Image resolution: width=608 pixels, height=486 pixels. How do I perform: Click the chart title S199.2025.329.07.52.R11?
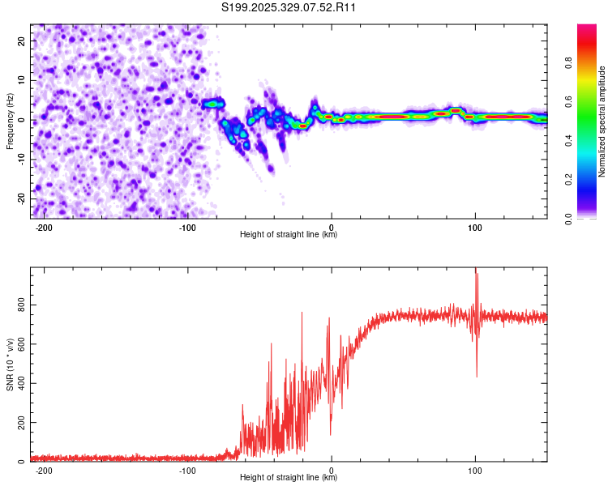[x=289, y=8]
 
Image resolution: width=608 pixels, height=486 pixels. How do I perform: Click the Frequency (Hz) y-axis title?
[x=10, y=121]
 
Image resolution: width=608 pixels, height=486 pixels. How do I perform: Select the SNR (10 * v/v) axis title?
[x=10, y=364]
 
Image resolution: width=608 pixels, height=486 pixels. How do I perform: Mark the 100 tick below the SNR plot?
[x=475, y=471]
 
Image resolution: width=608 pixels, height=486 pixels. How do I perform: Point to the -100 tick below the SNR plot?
[x=187, y=471]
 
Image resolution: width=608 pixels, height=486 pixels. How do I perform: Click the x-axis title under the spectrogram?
[x=289, y=235]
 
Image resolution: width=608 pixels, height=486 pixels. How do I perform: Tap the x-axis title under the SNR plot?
[x=289, y=478]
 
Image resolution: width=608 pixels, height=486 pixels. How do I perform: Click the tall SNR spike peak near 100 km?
[x=475, y=270]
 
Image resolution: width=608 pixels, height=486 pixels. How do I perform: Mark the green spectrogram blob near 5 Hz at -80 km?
[x=214, y=103]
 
